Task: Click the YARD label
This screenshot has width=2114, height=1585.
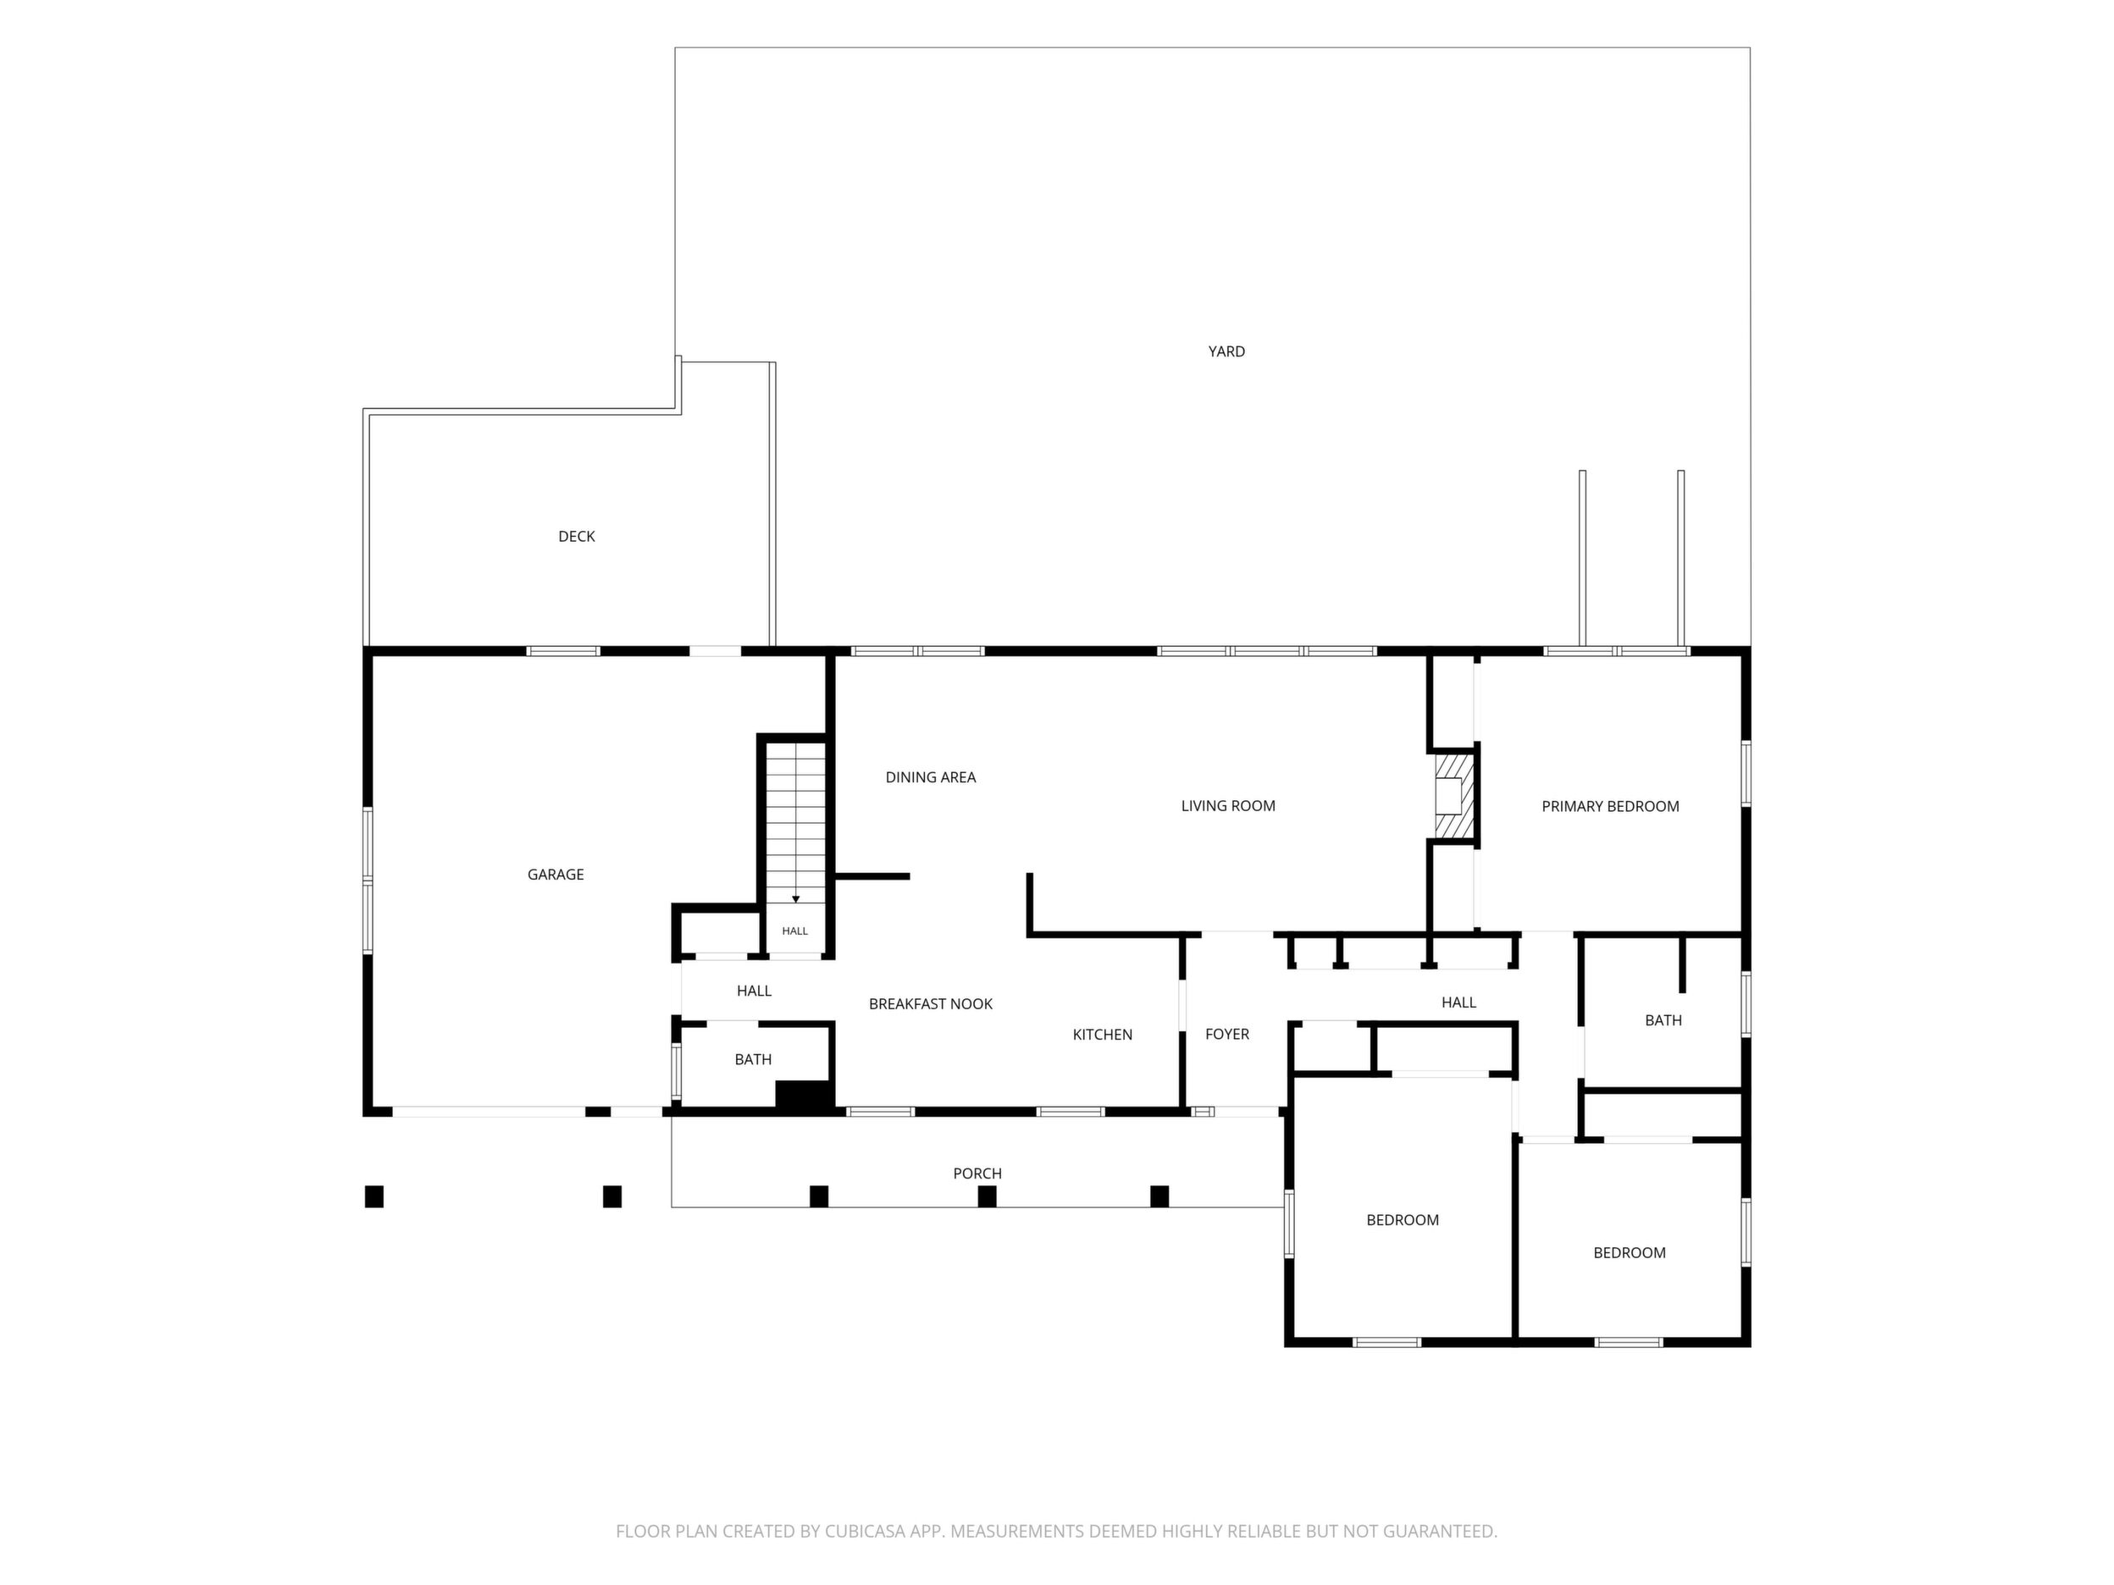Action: coord(1226,351)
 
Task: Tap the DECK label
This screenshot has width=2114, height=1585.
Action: coord(576,537)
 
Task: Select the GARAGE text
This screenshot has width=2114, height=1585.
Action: coord(556,874)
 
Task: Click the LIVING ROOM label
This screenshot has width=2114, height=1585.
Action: coord(1228,806)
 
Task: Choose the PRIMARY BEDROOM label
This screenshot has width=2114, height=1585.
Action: coord(1610,806)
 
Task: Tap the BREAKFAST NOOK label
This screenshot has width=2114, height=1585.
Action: coord(931,1004)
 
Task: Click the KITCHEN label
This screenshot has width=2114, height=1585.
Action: coord(1103,1035)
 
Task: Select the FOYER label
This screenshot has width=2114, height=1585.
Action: coord(1227,1034)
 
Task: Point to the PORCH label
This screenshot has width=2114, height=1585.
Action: coord(977,1174)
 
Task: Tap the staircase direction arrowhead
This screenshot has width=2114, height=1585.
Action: coord(796,899)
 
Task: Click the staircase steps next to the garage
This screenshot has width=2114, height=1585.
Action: coord(796,824)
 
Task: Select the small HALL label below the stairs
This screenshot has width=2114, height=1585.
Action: coord(795,931)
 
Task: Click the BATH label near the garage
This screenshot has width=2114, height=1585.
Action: coord(753,1059)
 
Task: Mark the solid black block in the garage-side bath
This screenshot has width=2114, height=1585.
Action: coord(805,1096)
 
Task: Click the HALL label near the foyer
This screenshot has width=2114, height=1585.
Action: coord(1458,1002)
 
